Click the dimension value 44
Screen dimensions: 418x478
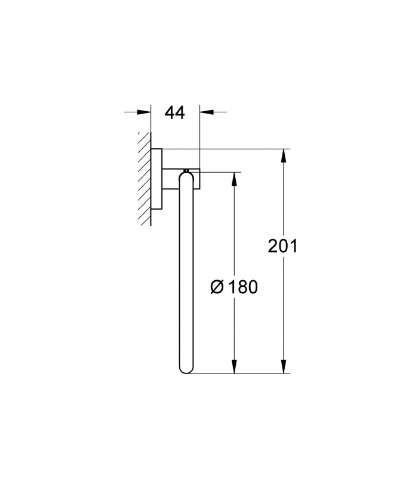tap(174, 112)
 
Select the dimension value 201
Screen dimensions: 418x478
tap(282, 246)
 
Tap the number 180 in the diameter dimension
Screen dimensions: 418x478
tap(243, 287)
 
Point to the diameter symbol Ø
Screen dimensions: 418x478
tap(217, 287)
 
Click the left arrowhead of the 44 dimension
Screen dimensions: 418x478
tap(144, 112)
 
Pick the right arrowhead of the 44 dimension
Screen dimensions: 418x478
tap(207, 112)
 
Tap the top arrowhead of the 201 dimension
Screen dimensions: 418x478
tap(284, 156)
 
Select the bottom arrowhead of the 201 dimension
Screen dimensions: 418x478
tap(284, 366)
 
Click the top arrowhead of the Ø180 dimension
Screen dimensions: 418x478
tap(234, 179)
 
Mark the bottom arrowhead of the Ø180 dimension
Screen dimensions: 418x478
tap(234, 366)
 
